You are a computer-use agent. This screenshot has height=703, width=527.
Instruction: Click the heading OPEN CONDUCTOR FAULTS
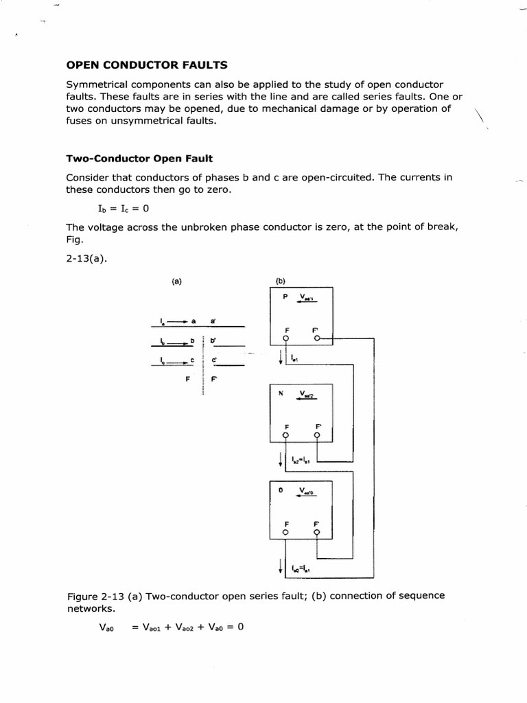pos(146,65)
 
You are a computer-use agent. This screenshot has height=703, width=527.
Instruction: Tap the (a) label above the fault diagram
pos(177,281)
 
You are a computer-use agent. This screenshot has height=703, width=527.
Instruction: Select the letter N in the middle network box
pos(281,394)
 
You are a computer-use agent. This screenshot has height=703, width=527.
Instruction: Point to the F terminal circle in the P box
pos(286,338)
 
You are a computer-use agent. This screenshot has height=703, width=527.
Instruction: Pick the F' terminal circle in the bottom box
pos(317,531)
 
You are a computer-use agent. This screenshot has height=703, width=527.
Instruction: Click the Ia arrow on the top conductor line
pos(173,321)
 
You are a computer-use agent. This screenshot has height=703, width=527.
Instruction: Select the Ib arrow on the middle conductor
pos(173,341)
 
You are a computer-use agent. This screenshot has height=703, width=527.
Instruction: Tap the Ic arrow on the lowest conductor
pos(173,360)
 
